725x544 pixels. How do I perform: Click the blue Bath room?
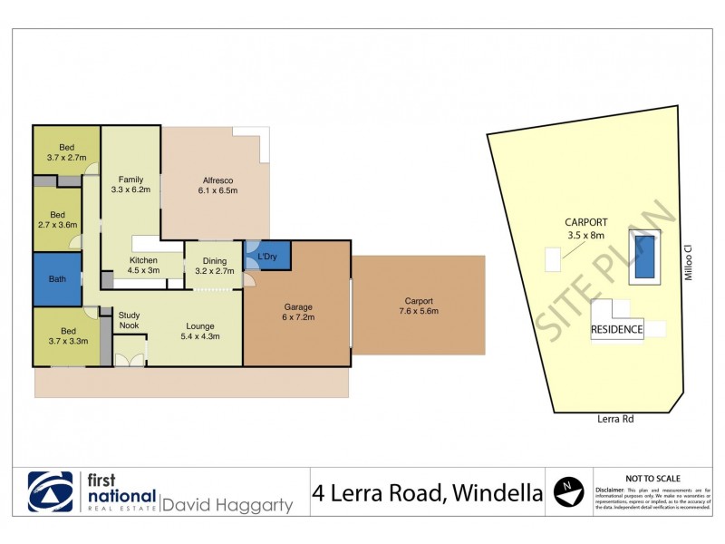coord(57,279)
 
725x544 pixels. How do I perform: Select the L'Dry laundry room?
coord(267,256)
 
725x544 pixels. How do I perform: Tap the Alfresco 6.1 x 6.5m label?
coord(217,185)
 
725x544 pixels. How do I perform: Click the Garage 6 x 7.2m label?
coord(296,312)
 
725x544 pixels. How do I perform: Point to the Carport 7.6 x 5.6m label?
coord(418,306)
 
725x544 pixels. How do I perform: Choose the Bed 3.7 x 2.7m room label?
coord(66,152)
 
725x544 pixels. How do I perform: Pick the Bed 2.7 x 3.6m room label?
coord(57,219)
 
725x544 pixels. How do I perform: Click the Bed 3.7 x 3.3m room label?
coord(66,336)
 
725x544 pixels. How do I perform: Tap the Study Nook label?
coord(129,320)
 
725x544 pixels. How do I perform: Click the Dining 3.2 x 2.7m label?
coord(213,266)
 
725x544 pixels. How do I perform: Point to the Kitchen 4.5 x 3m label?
coord(143,266)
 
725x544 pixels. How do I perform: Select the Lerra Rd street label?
coord(616,420)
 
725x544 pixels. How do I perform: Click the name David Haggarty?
coord(227,503)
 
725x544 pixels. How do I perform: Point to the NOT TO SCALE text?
coord(653,478)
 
